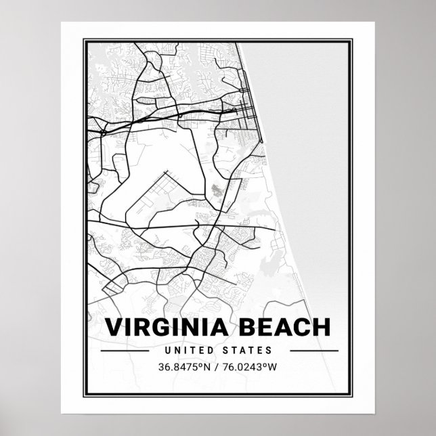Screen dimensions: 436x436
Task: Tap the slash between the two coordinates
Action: [218, 368]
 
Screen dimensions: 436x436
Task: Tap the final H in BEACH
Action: [323, 328]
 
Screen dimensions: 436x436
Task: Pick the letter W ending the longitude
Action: [275, 368]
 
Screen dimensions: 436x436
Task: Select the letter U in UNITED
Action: [168, 351]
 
